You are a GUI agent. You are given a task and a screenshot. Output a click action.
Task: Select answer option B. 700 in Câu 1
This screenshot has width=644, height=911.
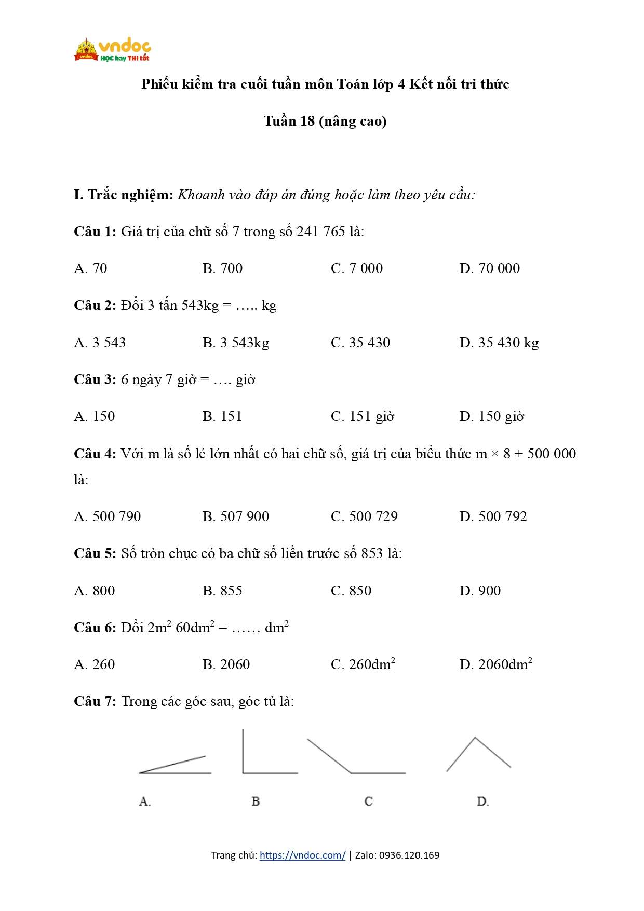[222, 268]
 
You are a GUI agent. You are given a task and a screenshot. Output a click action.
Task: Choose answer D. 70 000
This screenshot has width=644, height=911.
[489, 268]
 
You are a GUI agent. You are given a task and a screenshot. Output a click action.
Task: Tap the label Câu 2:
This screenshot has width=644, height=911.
[95, 305]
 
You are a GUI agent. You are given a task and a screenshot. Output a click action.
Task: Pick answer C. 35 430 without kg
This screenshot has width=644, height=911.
[360, 343]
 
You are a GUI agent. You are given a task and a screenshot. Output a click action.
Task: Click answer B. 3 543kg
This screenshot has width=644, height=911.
[236, 343]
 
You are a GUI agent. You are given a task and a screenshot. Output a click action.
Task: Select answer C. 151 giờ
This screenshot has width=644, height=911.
[363, 416]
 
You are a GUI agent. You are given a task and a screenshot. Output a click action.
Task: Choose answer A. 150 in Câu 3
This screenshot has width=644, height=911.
[95, 416]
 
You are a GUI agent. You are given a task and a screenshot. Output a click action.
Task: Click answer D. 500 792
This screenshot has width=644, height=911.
[493, 516]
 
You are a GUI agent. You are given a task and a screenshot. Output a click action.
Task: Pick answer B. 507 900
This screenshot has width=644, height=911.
[236, 516]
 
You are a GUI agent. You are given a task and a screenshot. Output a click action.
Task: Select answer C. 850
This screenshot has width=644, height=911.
[351, 591]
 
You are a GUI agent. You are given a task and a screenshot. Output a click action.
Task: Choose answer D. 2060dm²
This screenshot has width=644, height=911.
[495, 664]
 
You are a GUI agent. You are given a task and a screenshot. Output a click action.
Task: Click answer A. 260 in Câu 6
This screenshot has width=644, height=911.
[95, 664]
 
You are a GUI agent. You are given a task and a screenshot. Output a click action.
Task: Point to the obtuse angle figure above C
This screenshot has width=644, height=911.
[356, 758]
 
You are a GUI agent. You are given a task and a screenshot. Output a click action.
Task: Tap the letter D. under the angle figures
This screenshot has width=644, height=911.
[483, 801]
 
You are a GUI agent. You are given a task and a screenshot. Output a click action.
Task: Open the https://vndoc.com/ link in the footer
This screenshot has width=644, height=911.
[302, 855]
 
